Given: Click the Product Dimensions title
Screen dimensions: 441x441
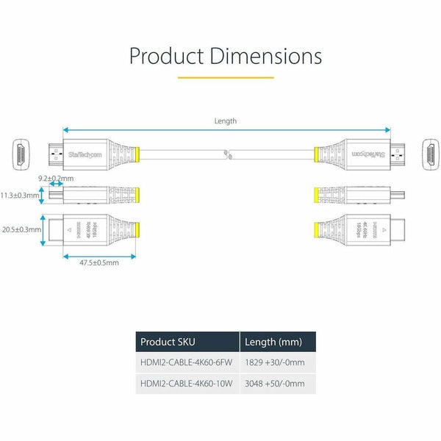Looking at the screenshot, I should point(226,56).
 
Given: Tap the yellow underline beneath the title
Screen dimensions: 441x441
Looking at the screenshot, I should point(226,76).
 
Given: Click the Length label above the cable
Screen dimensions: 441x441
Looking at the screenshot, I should point(226,121).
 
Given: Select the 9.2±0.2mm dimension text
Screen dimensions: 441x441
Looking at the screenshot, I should point(56,178).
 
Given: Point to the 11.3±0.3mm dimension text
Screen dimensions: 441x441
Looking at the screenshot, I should point(19,196).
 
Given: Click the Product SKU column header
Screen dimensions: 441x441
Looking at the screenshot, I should point(168,342).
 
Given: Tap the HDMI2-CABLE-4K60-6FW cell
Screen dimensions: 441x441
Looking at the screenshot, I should point(187,363).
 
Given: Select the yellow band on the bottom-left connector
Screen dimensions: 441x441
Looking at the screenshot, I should point(136,229).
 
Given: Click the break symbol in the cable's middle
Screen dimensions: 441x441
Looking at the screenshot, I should point(229,154).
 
